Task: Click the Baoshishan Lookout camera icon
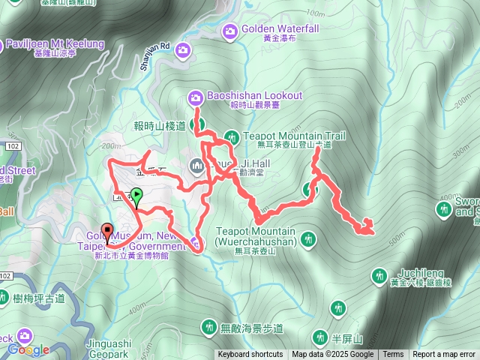[x=195, y=97]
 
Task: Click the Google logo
[x=28, y=349]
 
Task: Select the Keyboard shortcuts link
[x=250, y=355]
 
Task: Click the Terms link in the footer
[x=393, y=355]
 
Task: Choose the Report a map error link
[x=445, y=355]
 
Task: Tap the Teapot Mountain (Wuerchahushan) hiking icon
[x=307, y=240]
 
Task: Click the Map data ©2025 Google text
[x=332, y=355]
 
